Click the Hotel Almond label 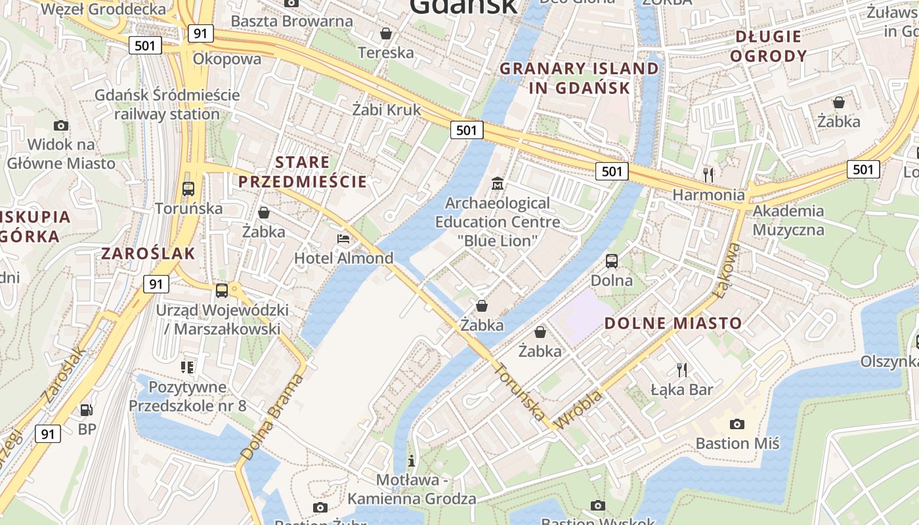[343, 258]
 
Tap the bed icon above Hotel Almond [343, 238]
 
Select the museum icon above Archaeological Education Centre [498, 183]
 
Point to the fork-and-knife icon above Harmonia [708, 175]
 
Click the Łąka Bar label [681, 390]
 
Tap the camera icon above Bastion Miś [737, 424]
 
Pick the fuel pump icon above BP [86, 410]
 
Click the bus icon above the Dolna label [612, 261]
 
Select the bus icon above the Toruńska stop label [188, 189]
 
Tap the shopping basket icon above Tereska [386, 33]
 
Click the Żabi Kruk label [386, 110]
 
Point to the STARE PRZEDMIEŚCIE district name [303, 172]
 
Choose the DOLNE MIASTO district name [673, 323]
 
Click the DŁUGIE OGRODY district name [768, 46]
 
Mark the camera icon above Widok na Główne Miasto [61, 125]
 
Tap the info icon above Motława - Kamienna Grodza [412, 461]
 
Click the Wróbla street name [579, 410]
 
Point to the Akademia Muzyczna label [788, 220]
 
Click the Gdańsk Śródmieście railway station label [167, 104]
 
